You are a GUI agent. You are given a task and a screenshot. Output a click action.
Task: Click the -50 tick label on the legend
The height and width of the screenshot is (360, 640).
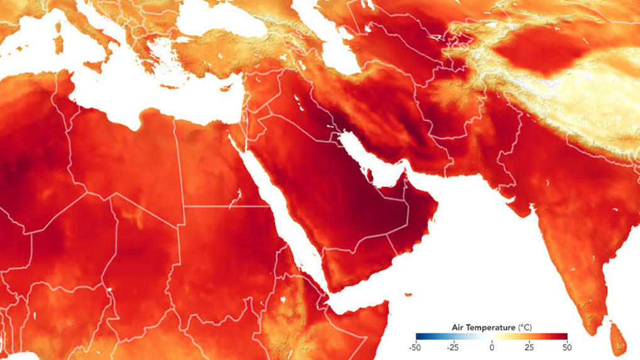tap(415, 346)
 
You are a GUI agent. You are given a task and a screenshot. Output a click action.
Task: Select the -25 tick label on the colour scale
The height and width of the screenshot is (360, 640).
tap(452, 346)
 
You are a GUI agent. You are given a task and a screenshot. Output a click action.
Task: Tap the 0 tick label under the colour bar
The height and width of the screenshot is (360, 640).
tap(492, 346)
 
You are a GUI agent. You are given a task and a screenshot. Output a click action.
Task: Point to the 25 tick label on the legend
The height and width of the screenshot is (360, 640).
tap(529, 346)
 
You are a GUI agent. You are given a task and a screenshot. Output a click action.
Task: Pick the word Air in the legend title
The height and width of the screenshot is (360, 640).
tap(459, 327)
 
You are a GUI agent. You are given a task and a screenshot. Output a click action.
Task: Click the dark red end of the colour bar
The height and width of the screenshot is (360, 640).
tap(565, 337)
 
